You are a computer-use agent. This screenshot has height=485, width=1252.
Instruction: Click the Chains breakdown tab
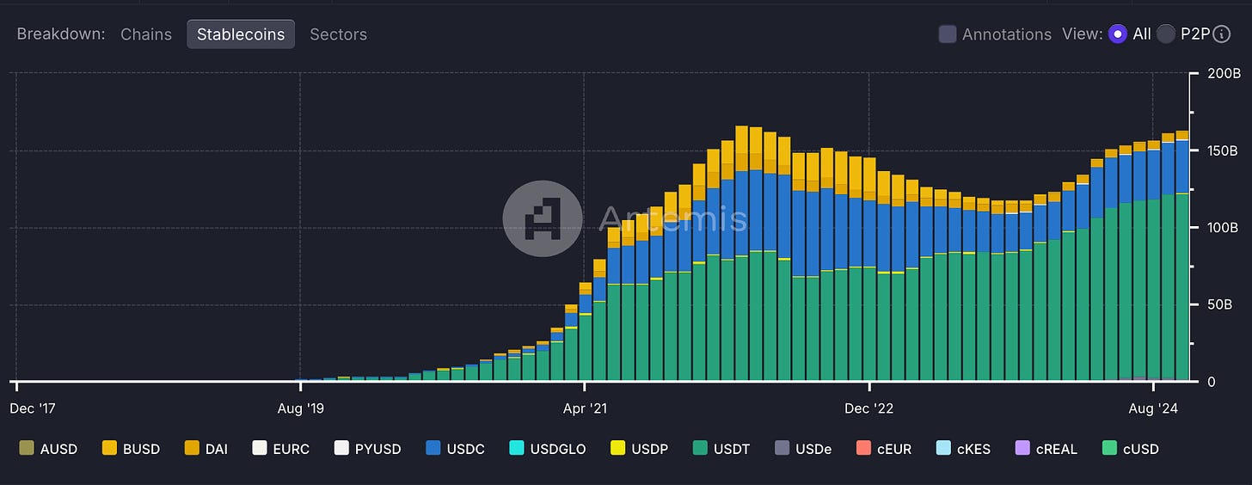pyautogui.click(x=146, y=34)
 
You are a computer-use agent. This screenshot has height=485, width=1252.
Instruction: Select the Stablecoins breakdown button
pyautogui.click(x=241, y=34)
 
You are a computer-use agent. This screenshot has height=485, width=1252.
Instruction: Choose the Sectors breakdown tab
pyautogui.click(x=338, y=34)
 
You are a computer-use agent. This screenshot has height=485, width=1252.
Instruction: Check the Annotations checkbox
pyautogui.click(x=948, y=34)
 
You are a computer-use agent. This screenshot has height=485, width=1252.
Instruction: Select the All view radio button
pyautogui.click(x=1118, y=34)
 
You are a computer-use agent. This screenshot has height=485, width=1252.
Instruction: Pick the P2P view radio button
pyautogui.click(x=1166, y=34)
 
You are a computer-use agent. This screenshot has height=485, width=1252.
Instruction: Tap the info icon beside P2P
pyautogui.click(x=1222, y=34)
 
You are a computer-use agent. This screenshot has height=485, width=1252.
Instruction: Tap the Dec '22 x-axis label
pyautogui.click(x=870, y=408)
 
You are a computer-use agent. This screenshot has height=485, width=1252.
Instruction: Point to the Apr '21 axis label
pyautogui.click(x=585, y=408)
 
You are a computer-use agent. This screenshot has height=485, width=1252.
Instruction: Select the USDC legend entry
pyautogui.click(x=455, y=448)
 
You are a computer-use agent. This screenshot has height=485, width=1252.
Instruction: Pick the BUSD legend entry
pyautogui.click(x=131, y=448)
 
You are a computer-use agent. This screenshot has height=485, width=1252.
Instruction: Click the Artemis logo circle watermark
pyautogui.click(x=543, y=218)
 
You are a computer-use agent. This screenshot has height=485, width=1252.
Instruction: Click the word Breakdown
pyautogui.click(x=60, y=34)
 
